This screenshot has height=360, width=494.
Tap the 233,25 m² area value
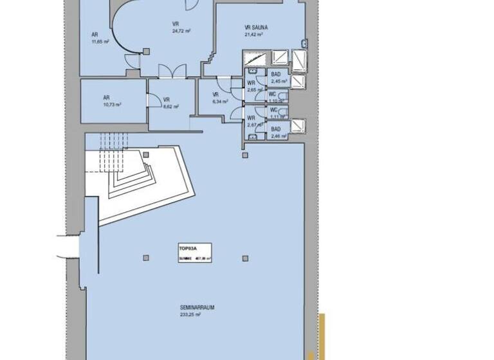(x=190, y=315)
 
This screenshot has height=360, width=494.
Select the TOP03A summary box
(x=195, y=252)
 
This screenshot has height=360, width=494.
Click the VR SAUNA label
(x=256, y=28)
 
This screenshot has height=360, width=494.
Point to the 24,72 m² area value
(x=181, y=30)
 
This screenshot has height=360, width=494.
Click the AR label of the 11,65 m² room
(x=95, y=35)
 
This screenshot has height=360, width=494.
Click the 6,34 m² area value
(x=220, y=101)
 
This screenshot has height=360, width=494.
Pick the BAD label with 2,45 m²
(x=275, y=75)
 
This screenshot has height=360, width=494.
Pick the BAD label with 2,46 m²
(x=275, y=129)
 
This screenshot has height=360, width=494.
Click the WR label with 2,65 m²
(x=252, y=83)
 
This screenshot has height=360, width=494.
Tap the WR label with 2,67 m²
(x=252, y=118)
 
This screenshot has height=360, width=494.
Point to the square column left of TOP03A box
(x=147, y=258)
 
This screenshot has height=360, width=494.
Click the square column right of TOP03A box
(x=245, y=258)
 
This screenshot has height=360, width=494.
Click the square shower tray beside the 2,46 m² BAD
(x=297, y=125)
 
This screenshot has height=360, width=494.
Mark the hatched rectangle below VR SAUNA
(x=280, y=58)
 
